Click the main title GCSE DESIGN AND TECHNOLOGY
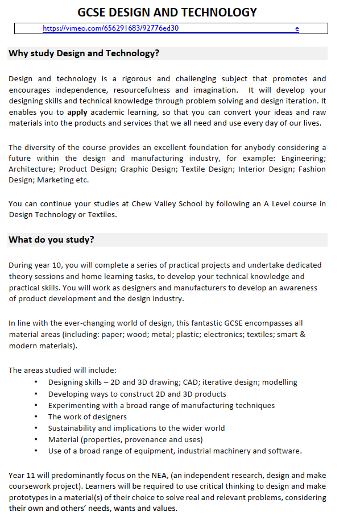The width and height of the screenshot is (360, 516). coord(167,12)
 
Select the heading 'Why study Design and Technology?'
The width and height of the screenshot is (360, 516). coord(84,53)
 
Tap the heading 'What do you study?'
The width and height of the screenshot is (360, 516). coord(51,239)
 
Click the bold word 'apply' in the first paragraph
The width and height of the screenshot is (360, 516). coord(77,113)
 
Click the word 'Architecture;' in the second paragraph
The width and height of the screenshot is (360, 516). coord(32,169)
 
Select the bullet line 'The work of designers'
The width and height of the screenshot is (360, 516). coord(87,417)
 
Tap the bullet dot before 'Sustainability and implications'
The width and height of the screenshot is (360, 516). coord(36,428)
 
